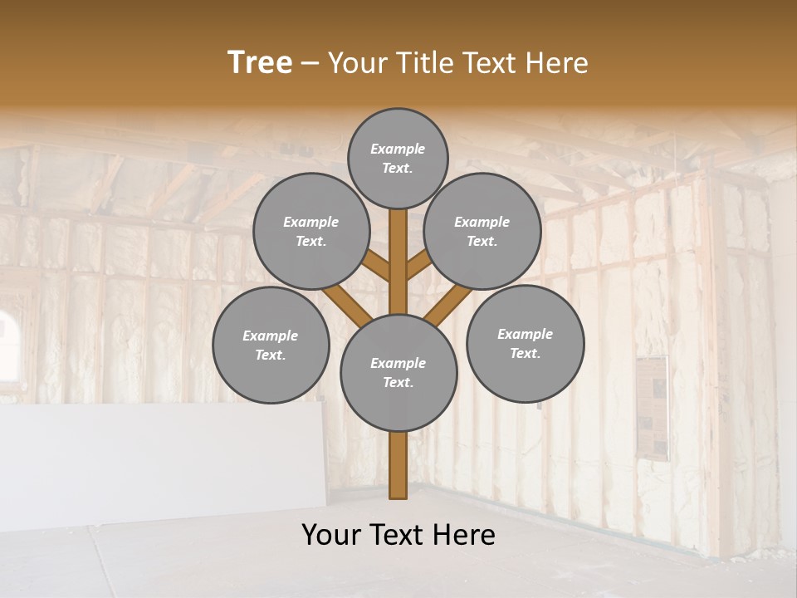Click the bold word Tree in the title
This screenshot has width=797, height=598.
coord(260,63)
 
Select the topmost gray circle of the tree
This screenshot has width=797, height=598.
coord(398,158)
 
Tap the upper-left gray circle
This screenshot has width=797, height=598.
coord(311,231)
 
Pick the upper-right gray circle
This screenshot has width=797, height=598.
coord(482,231)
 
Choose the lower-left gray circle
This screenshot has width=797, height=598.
coord(271,345)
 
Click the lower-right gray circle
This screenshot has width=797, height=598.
coord(525,343)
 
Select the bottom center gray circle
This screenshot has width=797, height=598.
coord(398,373)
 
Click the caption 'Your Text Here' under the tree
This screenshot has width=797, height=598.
coord(398,535)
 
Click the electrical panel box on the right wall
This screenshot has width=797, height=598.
coord(653,407)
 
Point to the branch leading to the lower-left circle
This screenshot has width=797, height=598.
coord(347,302)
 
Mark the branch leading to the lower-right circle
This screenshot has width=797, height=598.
coord(448,302)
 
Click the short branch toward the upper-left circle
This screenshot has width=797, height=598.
coord(378,266)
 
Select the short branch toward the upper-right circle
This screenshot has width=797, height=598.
coord(418,266)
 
